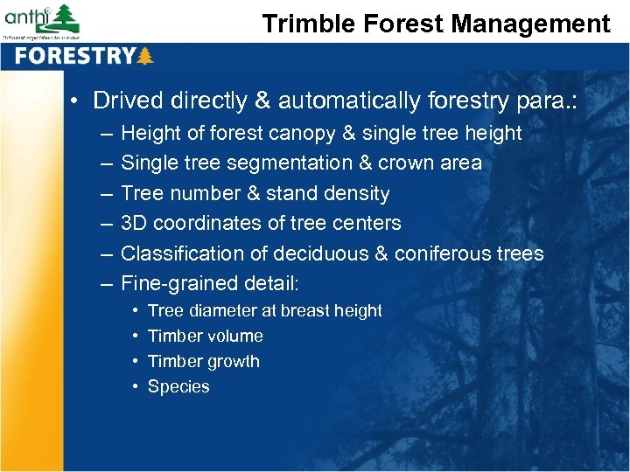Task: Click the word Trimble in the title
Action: pos(301,24)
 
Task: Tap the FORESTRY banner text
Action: pos(74,57)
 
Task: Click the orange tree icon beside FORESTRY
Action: pos(145,57)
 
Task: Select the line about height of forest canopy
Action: pos(320,134)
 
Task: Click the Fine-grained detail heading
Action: pos(209,283)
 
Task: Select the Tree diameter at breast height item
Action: pos(264,311)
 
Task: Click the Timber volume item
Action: pos(205,337)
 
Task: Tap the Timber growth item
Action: pos(203,362)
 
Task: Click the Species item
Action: pos(178,387)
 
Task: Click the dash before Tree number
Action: pos(106,193)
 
